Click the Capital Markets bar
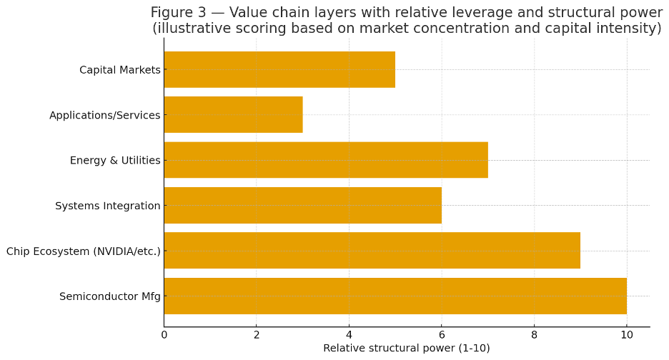click(279, 69)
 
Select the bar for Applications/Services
click(233, 115)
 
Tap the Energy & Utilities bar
click(325, 160)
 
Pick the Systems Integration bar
click(302, 206)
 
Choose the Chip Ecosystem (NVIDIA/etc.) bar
click(372, 251)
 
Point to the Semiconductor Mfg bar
click(395, 296)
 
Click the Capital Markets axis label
click(119, 70)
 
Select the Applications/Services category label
click(104, 115)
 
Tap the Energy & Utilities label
click(114, 161)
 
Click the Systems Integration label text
click(107, 206)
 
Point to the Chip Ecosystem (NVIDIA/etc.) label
click(83, 251)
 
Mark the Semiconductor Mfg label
click(109, 296)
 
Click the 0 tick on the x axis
click(164, 334)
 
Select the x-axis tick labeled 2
click(257, 334)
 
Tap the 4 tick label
click(349, 334)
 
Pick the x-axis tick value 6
click(442, 334)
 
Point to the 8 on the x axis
click(534, 334)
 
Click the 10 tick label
click(627, 334)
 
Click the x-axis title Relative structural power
click(406, 349)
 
